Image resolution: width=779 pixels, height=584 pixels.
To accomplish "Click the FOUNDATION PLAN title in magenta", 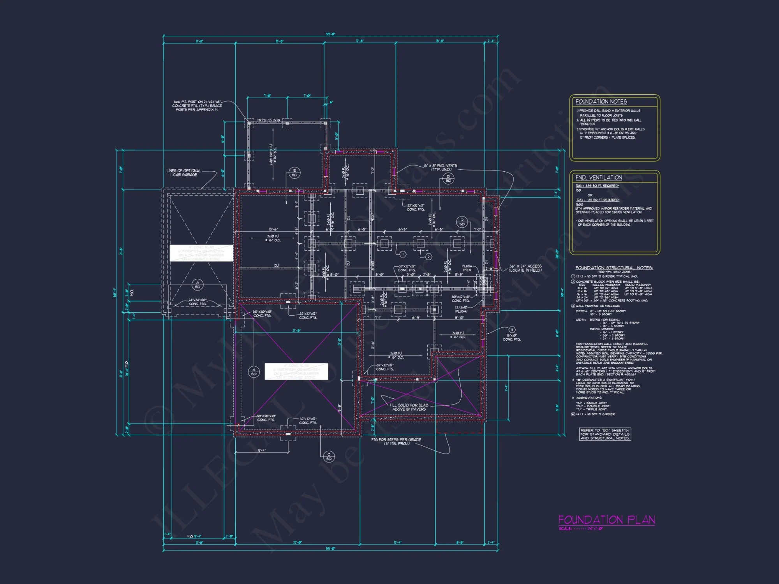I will [606, 520].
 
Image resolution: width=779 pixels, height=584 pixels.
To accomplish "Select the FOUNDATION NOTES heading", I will [601, 102].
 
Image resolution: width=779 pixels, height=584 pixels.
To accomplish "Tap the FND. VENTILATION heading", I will [599, 178].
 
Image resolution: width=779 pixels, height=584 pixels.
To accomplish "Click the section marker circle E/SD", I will [294, 173].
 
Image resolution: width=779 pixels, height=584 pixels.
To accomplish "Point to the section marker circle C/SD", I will [329, 456].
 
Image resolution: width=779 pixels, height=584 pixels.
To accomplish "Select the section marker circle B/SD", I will [448, 178].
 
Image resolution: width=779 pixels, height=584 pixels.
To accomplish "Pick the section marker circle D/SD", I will [462, 222].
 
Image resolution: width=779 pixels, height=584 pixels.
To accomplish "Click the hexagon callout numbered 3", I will [512, 330].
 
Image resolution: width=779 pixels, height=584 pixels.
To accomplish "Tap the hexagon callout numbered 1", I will [403, 254].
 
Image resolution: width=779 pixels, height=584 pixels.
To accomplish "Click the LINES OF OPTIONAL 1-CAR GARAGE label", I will [183, 172].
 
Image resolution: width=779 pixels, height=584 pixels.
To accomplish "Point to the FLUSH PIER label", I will [467, 268].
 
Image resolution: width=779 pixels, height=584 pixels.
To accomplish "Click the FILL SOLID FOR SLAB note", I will [409, 407].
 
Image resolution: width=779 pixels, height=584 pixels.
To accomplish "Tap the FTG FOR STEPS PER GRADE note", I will [396, 442].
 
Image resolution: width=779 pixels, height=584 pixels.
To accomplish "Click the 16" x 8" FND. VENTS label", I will [441, 167].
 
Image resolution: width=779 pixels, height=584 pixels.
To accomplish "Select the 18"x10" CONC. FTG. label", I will [511, 337].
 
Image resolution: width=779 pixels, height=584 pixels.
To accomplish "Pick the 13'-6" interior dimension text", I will [273, 230].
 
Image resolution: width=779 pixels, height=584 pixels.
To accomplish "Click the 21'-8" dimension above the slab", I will [296, 331].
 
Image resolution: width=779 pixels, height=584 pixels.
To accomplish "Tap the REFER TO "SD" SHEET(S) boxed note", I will [605, 434].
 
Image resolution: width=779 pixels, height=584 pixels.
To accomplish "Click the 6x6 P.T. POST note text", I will [197, 106].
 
